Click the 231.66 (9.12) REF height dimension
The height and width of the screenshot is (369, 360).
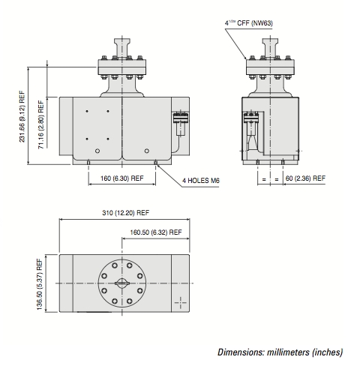22,116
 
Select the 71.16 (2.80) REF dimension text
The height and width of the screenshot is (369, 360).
40,124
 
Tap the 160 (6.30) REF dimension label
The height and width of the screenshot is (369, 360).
122,178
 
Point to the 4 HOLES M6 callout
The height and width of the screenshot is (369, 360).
201,180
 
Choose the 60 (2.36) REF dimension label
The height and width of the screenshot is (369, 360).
305,178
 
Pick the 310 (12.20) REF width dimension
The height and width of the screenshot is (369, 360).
125,213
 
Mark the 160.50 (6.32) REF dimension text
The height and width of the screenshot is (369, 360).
156,232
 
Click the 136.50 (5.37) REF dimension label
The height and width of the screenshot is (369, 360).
40,284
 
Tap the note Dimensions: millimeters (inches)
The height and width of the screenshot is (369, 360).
280,352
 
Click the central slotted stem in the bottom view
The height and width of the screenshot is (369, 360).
122,283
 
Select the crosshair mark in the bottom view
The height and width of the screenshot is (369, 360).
180,303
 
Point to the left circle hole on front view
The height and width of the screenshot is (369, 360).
97,151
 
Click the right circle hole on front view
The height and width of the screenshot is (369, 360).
147,151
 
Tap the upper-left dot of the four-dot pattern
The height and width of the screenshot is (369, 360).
87,111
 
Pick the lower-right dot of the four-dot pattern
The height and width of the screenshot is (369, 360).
108,139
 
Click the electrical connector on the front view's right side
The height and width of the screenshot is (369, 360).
181,123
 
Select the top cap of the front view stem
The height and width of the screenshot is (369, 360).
122,40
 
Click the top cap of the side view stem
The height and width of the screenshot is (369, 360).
270,40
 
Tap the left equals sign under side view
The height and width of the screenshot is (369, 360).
264,179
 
